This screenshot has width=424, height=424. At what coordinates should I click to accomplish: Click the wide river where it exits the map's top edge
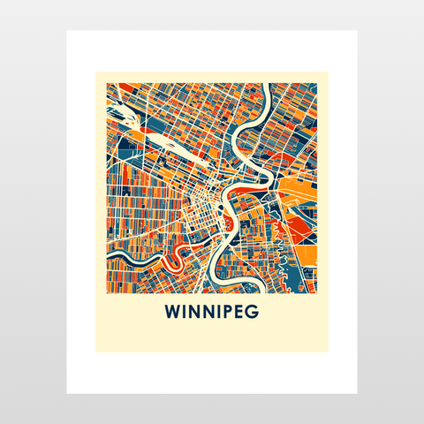click(263, 88)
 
